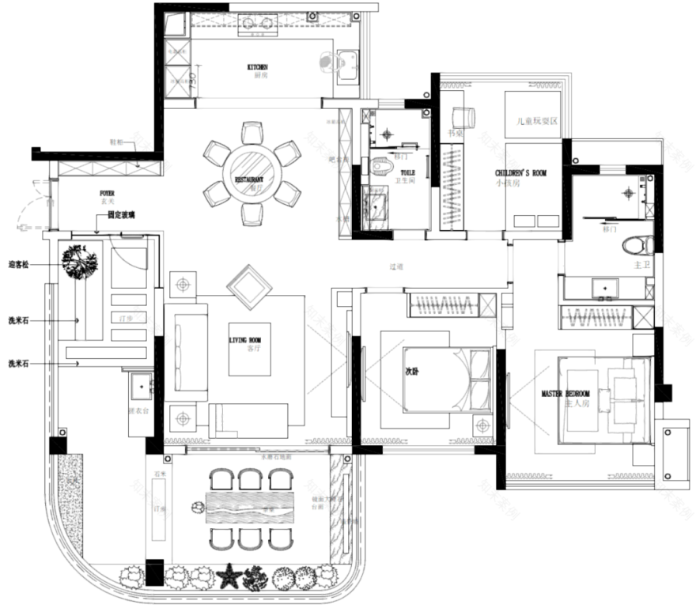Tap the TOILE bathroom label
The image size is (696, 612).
(407, 172)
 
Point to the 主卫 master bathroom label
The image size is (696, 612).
(641, 266)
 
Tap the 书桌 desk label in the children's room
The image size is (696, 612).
(455, 134)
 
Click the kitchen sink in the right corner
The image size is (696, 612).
(348, 61)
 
